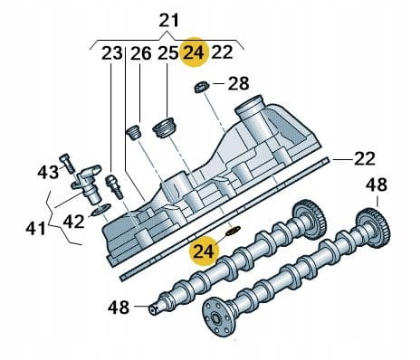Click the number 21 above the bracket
pyautogui.click(x=169, y=21)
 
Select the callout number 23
pyautogui.click(x=112, y=53)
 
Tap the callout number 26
pyautogui.click(x=140, y=53)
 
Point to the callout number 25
pyautogui.click(x=167, y=53)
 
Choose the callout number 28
pyautogui.click(x=238, y=83)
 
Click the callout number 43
pyautogui.click(x=48, y=172)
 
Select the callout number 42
pyautogui.click(x=73, y=222)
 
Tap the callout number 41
pyautogui.click(x=35, y=229)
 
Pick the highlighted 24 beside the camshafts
pyautogui.click(x=205, y=251)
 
